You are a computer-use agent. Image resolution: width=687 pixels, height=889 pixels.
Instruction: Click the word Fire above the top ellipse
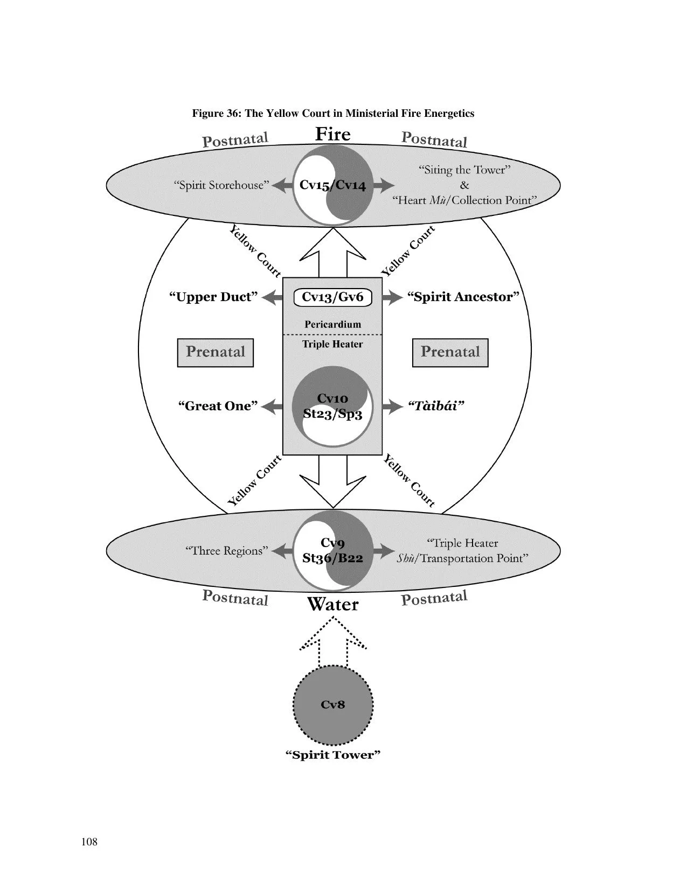tap(333, 134)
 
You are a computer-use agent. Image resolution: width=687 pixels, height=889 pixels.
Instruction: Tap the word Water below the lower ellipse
tap(333, 604)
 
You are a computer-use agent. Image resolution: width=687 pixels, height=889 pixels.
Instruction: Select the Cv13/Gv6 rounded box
tap(333, 297)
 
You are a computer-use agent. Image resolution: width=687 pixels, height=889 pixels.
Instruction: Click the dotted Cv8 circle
tap(333, 705)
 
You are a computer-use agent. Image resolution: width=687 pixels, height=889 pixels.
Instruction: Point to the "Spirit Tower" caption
tap(333, 755)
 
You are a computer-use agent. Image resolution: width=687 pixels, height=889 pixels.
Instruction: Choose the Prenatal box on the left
tap(216, 352)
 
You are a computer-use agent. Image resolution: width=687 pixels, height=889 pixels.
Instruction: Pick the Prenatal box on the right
tap(450, 352)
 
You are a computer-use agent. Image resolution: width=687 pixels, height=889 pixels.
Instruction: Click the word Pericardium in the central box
tap(333, 325)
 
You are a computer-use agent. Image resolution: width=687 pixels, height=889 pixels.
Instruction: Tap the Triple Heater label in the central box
tap(333, 344)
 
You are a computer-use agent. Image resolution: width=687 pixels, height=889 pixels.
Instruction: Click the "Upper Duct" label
tap(213, 297)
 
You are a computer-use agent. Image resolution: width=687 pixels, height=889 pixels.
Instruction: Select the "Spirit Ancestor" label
tap(463, 297)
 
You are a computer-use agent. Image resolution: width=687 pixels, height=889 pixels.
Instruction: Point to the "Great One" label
tap(218, 406)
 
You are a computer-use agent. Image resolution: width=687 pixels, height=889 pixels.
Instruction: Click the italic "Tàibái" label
tap(436, 406)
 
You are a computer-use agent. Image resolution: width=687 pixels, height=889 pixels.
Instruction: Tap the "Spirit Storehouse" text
tap(221, 185)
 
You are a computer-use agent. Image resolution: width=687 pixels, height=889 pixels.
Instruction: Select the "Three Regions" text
tap(227, 551)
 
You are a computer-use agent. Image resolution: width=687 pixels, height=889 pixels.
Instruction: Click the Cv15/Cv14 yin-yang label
tap(333, 185)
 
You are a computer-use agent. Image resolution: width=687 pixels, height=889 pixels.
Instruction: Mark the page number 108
tap(89, 842)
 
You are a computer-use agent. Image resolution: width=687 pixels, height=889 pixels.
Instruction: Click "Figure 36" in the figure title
tap(216, 113)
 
